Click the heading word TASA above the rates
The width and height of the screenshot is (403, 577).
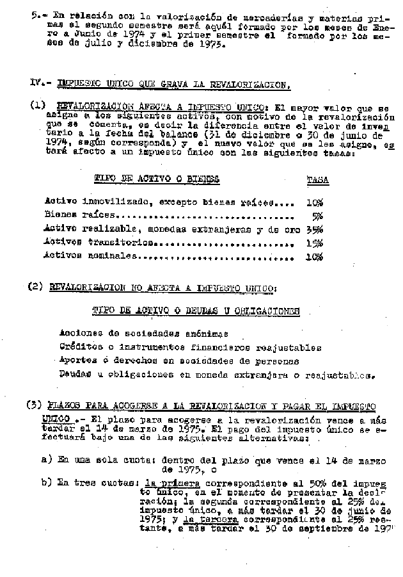[317, 180]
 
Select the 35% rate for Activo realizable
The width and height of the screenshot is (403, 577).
[314, 229]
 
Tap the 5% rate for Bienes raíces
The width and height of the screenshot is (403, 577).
[317, 216]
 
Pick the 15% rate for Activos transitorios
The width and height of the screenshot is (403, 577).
[314, 243]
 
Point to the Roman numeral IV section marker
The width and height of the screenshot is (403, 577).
[38, 83]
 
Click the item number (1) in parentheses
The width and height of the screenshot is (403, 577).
[38, 106]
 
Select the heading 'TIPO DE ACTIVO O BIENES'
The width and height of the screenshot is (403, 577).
[156, 180]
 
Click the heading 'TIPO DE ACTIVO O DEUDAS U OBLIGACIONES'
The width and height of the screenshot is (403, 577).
[196, 311]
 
